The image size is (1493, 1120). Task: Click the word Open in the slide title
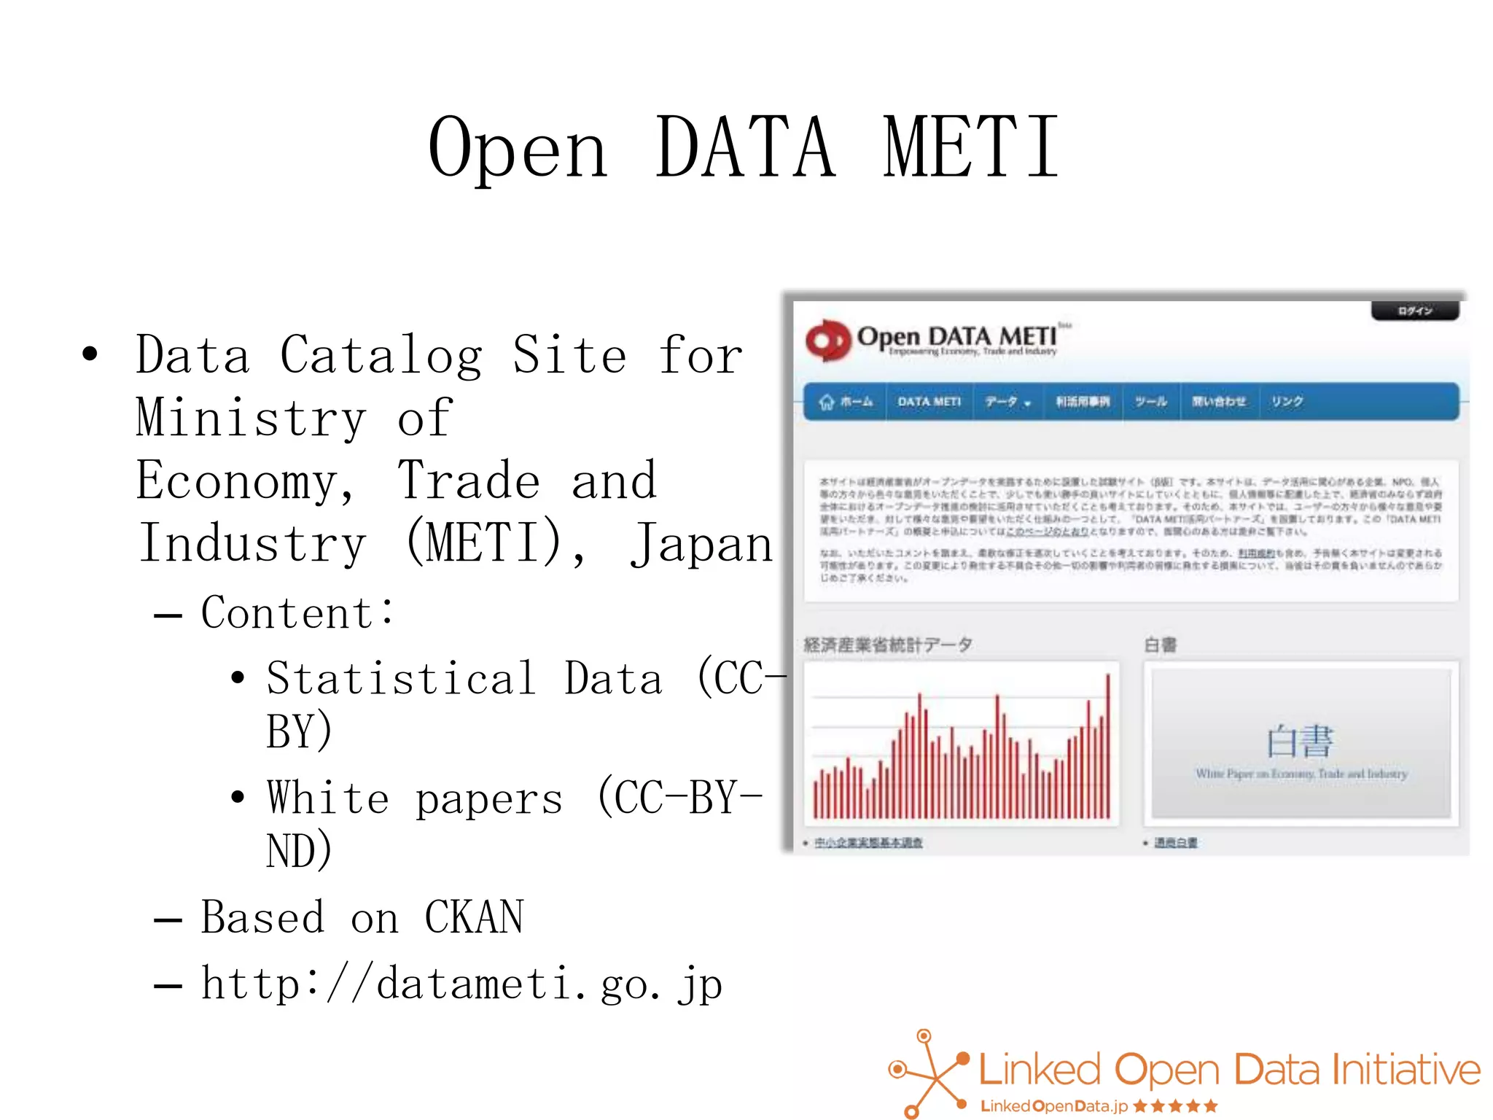tap(518, 149)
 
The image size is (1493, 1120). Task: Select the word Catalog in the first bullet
tap(381, 356)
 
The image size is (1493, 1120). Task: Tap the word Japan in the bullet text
tap(701, 544)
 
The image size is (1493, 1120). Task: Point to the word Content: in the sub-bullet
tap(297, 612)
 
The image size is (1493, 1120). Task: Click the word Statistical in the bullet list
tap(402, 678)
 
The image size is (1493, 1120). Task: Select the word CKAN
tap(474, 917)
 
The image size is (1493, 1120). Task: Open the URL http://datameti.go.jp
tap(461, 984)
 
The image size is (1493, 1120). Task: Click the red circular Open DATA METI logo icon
tap(827, 340)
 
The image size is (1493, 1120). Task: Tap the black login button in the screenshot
tap(1415, 311)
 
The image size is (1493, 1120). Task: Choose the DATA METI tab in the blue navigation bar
tap(929, 402)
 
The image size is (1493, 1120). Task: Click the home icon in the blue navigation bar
tap(826, 402)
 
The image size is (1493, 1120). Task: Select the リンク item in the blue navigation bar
tap(1287, 402)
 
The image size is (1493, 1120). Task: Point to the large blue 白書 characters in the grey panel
tap(1300, 742)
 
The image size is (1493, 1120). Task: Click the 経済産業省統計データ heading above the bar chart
tap(887, 645)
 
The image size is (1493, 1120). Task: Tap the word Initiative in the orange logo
tap(1406, 1070)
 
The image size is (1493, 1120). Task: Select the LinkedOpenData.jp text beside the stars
tap(1053, 1106)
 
